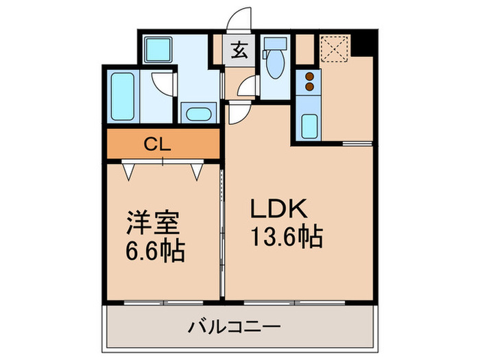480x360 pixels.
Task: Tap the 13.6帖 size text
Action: click(x=284, y=237)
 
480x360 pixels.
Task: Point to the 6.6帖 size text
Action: click(x=155, y=252)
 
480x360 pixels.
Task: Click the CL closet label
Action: click(x=162, y=145)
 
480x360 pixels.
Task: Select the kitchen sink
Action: click(x=309, y=125)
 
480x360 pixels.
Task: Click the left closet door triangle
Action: click(x=128, y=171)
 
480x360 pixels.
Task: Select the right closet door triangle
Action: click(x=197, y=171)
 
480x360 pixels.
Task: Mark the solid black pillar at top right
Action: click(x=368, y=43)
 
